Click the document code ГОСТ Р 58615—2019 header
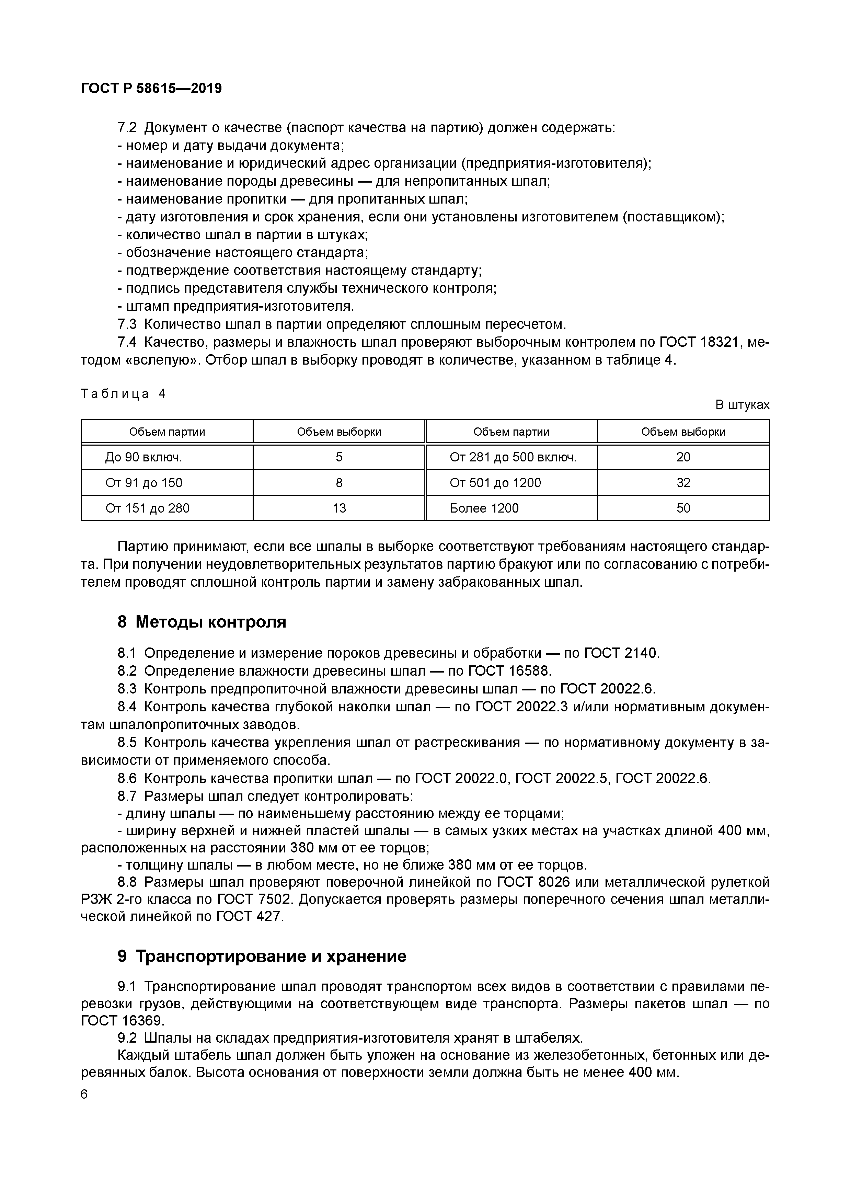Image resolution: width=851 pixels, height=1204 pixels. [151, 88]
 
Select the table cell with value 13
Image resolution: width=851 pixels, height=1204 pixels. [339, 508]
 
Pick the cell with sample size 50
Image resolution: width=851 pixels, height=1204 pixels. [683, 508]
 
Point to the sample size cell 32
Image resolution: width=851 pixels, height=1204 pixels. [683, 482]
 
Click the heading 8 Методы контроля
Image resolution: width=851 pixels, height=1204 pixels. [202, 622]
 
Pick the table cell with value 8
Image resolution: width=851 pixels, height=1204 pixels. [339, 482]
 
